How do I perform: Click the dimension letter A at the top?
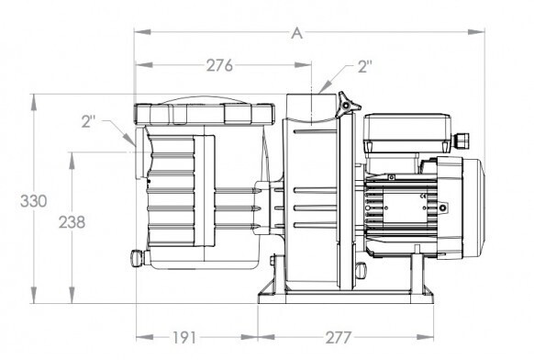tap(296, 33)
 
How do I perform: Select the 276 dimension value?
tap(219, 65)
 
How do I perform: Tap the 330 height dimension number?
tap(33, 201)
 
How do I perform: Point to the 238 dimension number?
tap(72, 222)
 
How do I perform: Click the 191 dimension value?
tap(185, 338)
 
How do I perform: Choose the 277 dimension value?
tap(338, 338)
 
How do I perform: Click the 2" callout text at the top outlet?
tap(365, 66)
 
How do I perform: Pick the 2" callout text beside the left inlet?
tap(88, 121)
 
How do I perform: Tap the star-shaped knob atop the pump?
tap(347, 105)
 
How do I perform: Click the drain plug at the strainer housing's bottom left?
tap(138, 257)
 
